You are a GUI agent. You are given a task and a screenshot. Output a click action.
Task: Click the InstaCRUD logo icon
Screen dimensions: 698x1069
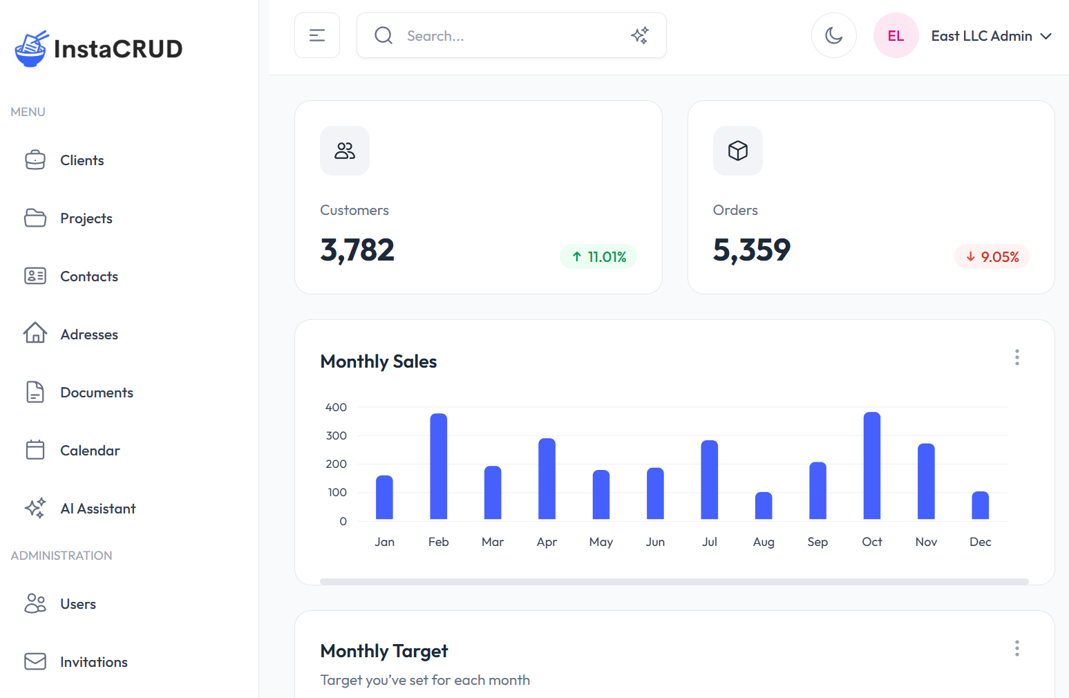point(30,48)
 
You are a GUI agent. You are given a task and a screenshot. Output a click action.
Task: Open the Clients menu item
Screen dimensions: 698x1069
point(82,160)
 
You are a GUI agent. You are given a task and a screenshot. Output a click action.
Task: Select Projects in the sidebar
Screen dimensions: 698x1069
point(86,218)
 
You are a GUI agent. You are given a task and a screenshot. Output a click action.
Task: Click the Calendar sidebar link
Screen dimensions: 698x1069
point(90,451)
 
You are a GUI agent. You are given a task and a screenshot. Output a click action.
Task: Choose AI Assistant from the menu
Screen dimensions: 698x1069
point(97,509)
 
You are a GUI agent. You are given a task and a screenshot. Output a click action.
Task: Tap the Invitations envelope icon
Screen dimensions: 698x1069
point(35,661)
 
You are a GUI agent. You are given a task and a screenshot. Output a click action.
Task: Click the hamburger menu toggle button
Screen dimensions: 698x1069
point(317,35)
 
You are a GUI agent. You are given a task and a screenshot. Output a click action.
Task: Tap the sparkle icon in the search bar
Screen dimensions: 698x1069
point(640,35)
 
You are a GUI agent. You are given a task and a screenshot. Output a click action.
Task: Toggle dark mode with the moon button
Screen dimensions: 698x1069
point(833,35)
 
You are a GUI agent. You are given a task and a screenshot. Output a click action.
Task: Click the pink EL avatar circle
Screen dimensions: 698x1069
point(896,36)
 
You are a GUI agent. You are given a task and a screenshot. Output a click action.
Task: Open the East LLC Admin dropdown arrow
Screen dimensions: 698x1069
point(1046,36)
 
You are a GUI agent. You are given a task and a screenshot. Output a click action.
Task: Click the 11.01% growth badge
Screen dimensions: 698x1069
point(598,257)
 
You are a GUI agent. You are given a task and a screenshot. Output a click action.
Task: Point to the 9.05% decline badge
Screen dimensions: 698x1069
point(992,257)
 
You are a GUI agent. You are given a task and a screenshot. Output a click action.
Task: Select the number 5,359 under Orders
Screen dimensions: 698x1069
point(751,250)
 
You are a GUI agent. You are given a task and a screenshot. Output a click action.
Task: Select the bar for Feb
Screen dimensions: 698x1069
point(439,466)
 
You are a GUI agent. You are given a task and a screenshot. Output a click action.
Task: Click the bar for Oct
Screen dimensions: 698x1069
point(872,466)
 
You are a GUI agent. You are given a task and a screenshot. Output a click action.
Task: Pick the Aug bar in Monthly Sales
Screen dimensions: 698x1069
point(764,506)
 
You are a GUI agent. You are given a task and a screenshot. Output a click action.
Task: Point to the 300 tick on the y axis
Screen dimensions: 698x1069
point(337,435)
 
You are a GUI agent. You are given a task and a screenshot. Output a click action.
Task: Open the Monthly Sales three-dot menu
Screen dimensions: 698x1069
point(1016,357)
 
